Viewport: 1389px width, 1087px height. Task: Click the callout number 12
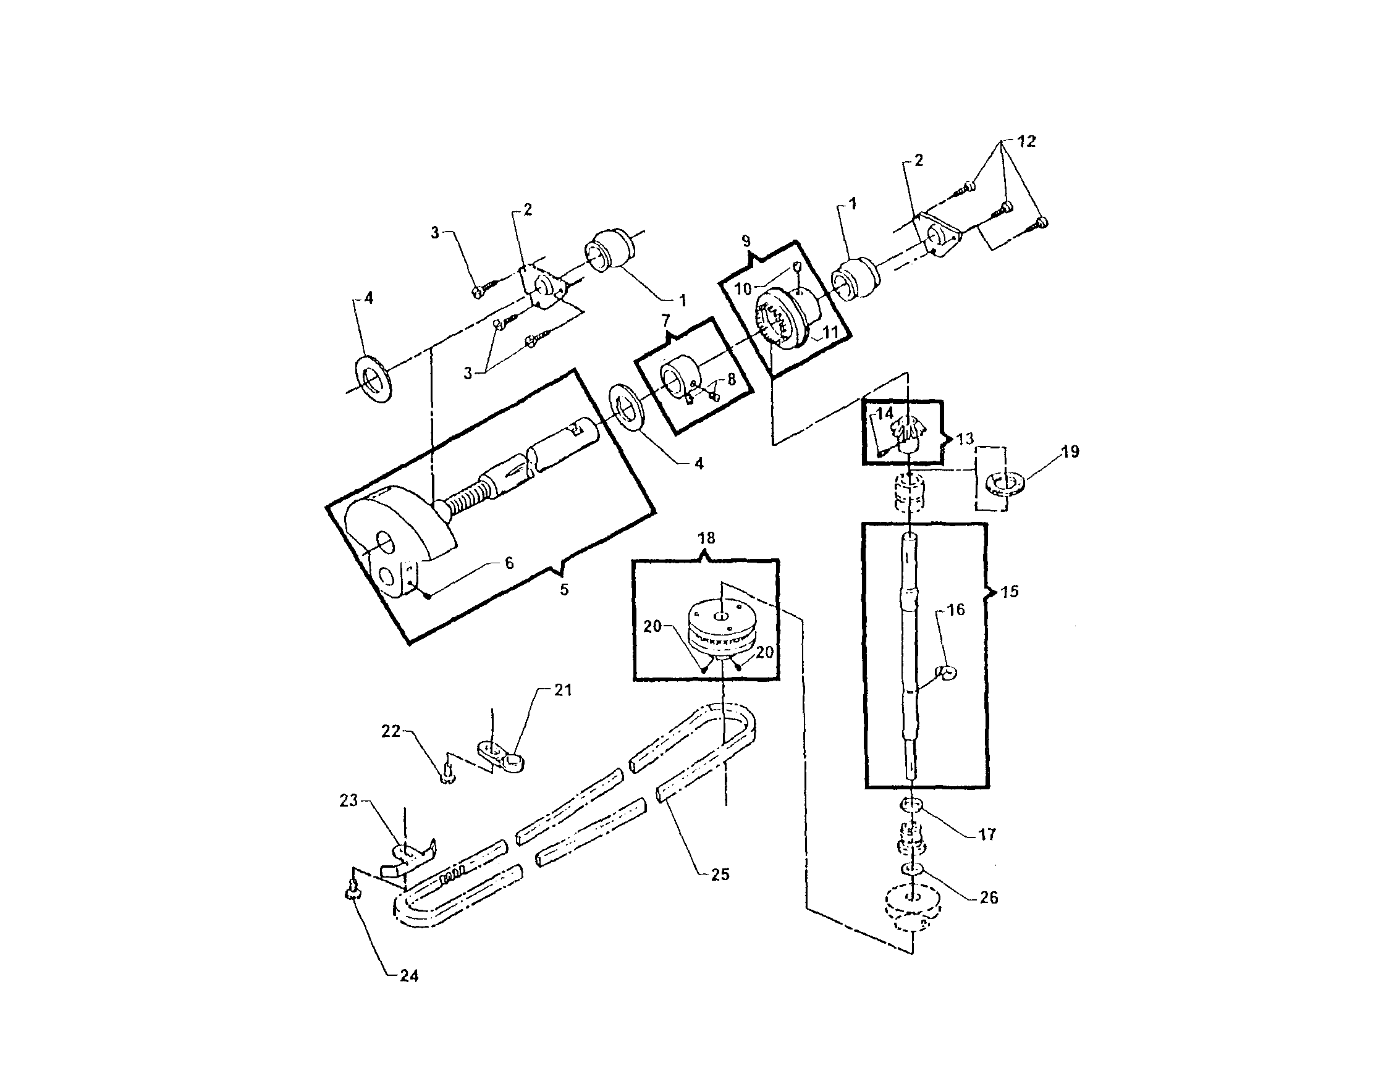coord(1026,141)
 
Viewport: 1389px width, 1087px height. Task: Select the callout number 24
coord(408,976)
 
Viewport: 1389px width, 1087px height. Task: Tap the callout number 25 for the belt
coord(719,875)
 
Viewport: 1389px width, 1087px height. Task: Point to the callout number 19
coord(1070,452)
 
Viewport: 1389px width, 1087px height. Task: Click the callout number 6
coord(509,563)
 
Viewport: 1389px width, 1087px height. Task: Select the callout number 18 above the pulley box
coord(706,539)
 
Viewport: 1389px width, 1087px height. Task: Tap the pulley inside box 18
coord(720,630)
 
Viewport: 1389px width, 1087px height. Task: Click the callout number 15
coord(1009,591)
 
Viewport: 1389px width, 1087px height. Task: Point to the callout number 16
coord(956,610)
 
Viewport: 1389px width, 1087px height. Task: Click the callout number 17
coord(986,834)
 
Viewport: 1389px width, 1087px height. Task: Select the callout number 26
coord(988,897)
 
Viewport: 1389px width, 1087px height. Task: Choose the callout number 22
coord(391,732)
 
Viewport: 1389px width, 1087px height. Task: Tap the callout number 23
coord(348,800)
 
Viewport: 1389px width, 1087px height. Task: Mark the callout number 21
coord(563,690)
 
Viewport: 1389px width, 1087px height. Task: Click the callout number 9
coord(746,241)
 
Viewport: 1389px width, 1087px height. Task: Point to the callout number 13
coord(965,439)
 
